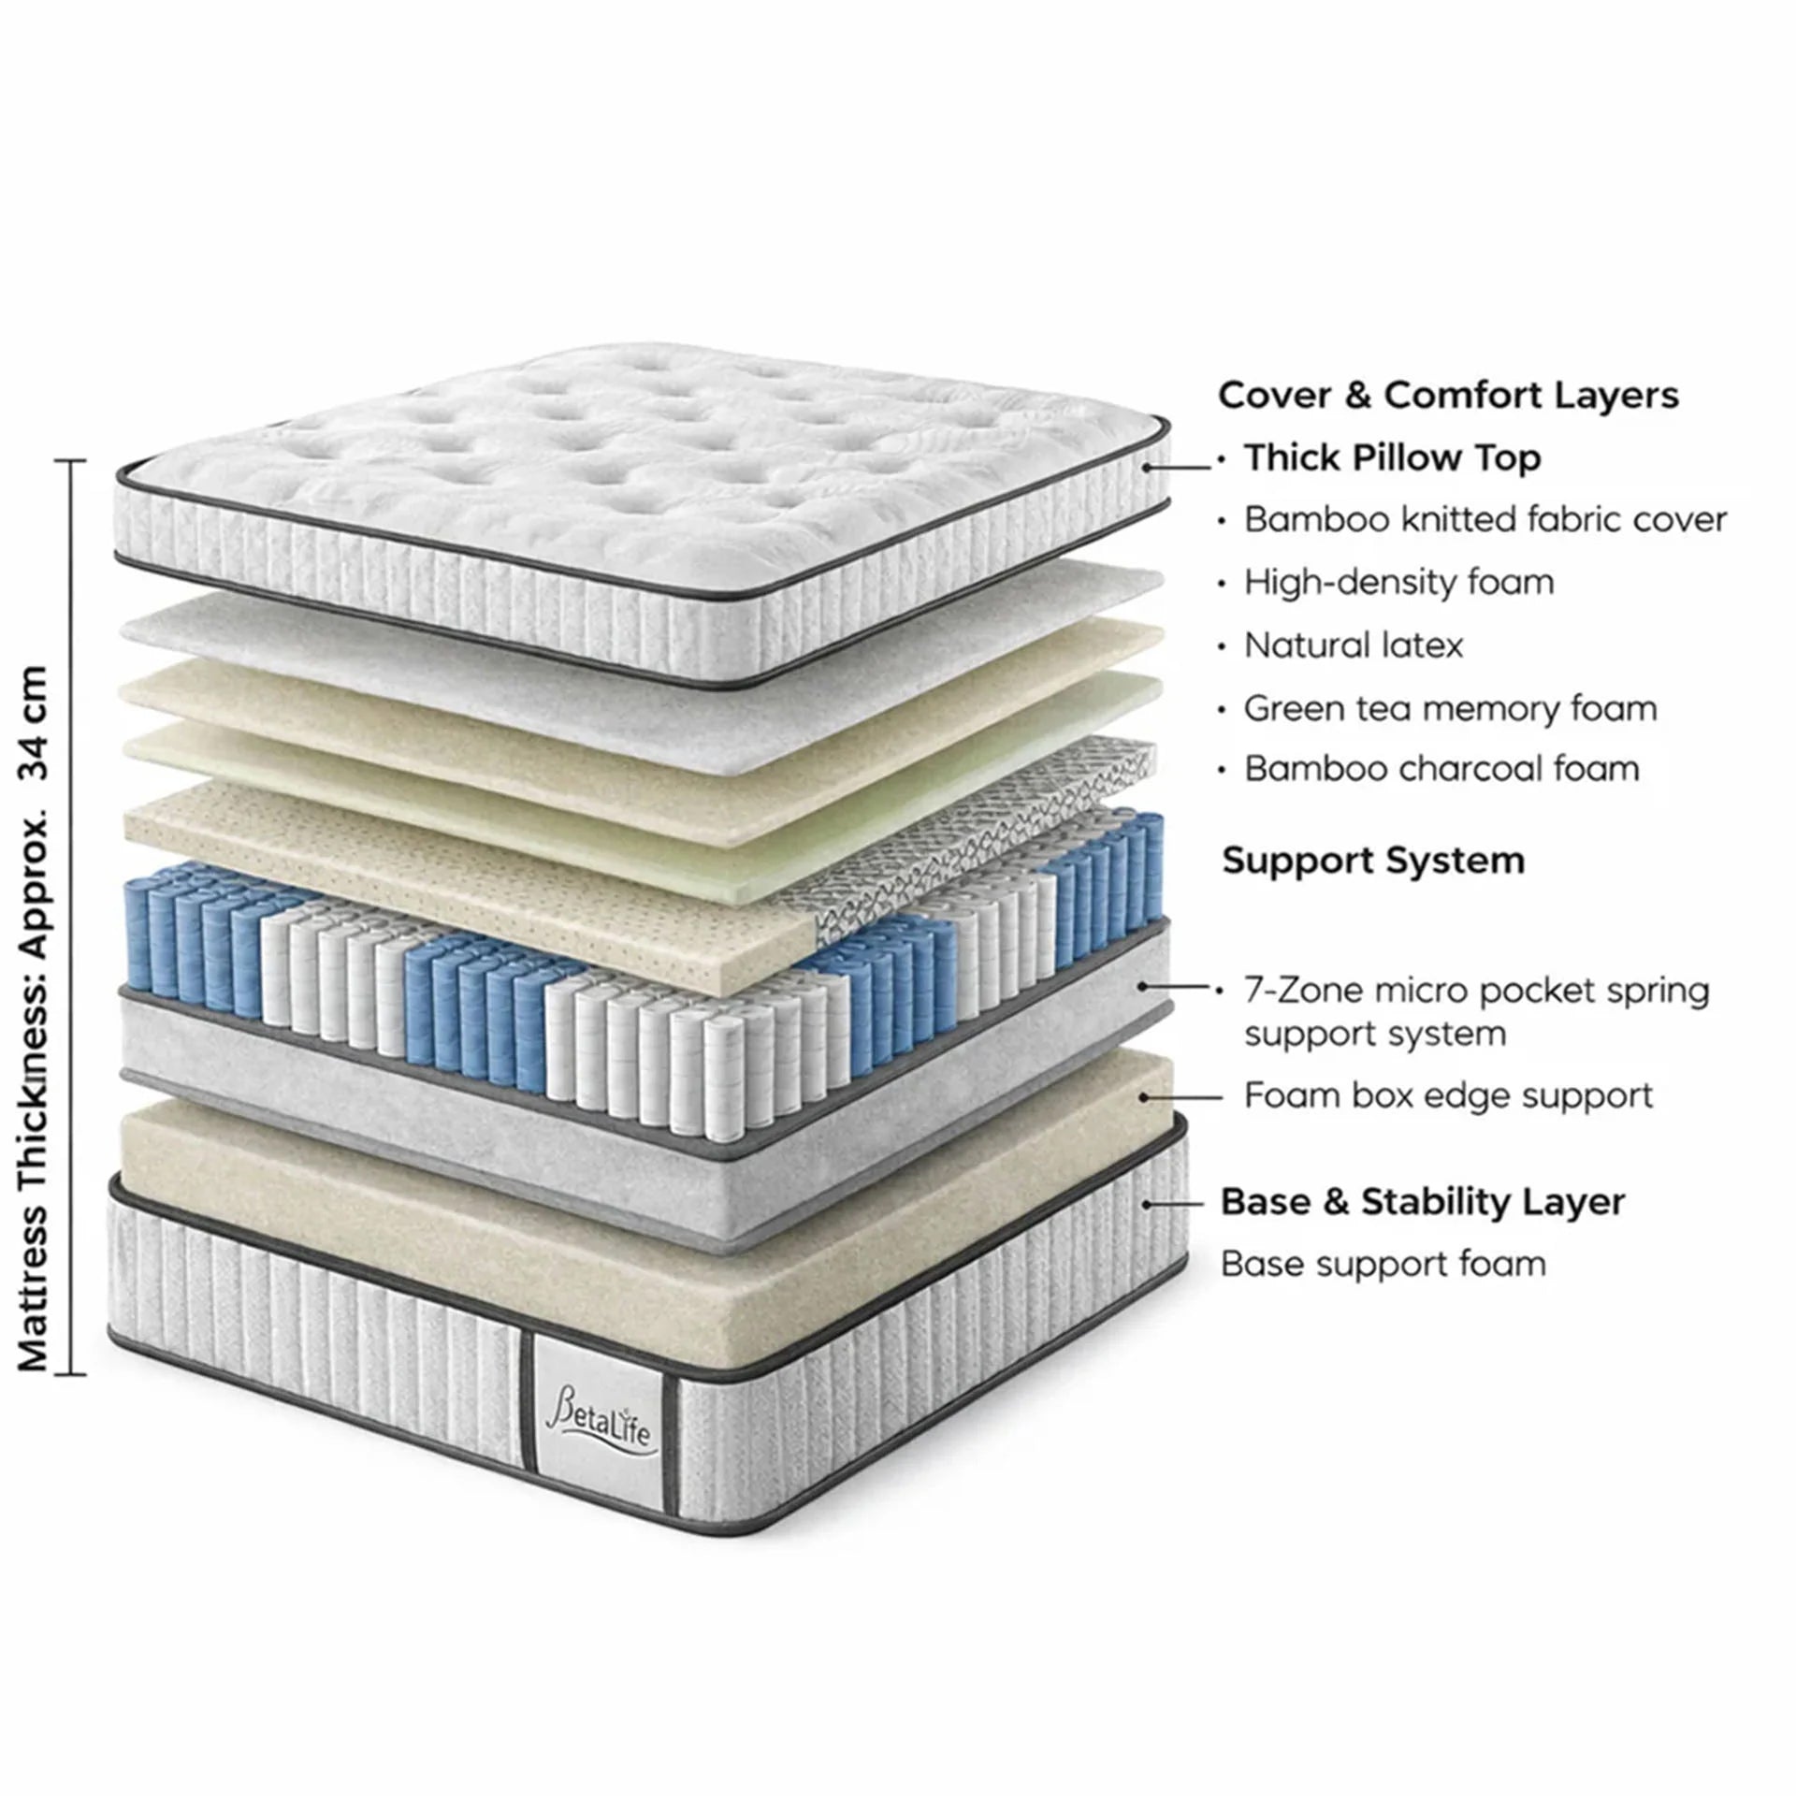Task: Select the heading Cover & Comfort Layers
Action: tap(1448, 395)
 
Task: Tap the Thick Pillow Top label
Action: tap(1392, 458)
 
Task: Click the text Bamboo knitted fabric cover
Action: tap(1485, 520)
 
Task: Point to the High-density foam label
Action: tap(1398, 583)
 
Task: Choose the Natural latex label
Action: tap(1353, 645)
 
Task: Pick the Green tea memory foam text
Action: tap(1450, 708)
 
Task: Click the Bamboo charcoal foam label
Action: tap(1441, 769)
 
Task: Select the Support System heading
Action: tap(1373, 861)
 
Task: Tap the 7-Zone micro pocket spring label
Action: tap(1476, 991)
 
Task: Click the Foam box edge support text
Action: tap(1448, 1095)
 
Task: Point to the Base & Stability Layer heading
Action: tap(1422, 1202)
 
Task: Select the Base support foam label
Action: tap(1383, 1265)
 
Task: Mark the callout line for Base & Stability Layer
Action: tap(1174, 1204)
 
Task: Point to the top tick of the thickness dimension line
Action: tap(70, 461)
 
